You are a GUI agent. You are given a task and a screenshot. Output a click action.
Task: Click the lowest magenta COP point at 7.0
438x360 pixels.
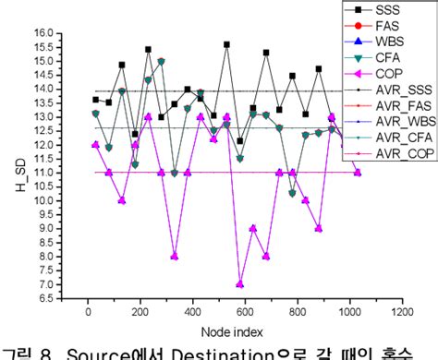240,284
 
